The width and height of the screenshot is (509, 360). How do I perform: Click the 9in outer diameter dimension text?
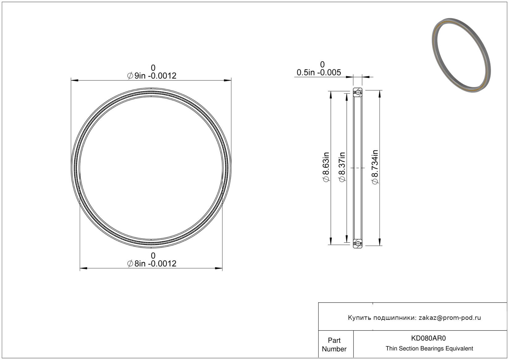tap(152, 76)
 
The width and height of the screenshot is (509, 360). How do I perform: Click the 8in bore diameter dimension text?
tap(152, 264)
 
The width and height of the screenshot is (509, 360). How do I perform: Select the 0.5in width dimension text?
tap(319, 72)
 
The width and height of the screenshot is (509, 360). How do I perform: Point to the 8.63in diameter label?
tap(326, 167)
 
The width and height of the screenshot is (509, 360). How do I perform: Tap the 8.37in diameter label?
tap(342, 167)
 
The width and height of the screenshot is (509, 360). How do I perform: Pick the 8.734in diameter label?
tap(375, 167)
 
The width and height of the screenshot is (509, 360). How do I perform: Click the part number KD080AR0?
tap(428, 338)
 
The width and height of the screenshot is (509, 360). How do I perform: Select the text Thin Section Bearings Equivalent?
tap(429, 348)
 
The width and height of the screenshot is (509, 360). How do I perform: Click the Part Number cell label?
tap(334, 345)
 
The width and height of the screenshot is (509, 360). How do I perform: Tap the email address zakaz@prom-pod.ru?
tap(450, 318)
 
